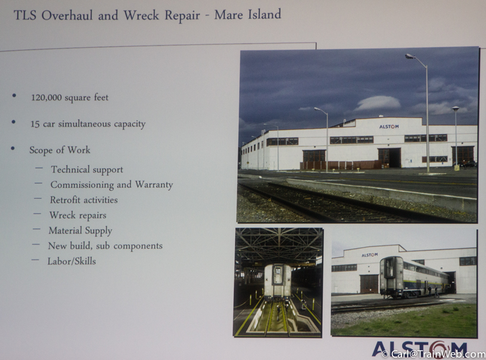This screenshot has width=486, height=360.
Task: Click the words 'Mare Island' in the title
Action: tap(248, 15)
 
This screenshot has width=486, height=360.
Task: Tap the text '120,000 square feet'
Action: tap(70, 97)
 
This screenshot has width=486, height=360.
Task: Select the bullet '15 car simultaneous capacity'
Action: tap(87, 124)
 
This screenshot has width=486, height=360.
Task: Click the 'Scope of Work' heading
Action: tap(60, 150)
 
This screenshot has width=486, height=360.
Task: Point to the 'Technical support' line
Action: tap(87, 170)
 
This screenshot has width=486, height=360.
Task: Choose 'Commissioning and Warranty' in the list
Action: tap(112, 185)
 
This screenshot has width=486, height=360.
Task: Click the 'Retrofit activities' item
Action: tap(84, 200)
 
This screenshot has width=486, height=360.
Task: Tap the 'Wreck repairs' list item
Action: tap(78, 215)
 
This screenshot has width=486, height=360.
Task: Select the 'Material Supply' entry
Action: tap(80, 230)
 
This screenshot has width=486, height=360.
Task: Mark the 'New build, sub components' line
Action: tap(105, 246)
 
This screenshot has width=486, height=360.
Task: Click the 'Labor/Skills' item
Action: tap(72, 261)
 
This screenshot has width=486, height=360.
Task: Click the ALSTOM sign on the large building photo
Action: tap(389, 126)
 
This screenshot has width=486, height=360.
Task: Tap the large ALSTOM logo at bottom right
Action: tap(420, 350)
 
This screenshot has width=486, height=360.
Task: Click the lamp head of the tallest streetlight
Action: tap(411, 56)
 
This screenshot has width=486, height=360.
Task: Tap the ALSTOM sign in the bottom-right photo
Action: tap(370, 255)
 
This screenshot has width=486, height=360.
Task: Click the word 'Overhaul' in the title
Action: tap(67, 16)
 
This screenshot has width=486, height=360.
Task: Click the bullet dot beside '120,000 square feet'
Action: tap(14, 95)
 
